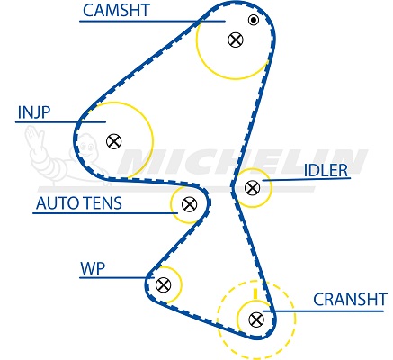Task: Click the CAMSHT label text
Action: pos(116,11)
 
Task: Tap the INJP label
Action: pos(34,112)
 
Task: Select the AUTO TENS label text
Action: pos(79,203)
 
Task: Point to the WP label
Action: pos(93,268)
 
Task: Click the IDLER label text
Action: pos(326,171)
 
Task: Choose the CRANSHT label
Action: pos(350,300)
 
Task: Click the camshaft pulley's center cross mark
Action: pos(236,40)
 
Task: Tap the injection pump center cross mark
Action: pos(114,141)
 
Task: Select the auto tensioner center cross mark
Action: pos(189,204)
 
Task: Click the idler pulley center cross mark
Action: pos(252,188)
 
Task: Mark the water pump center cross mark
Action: pos(164,284)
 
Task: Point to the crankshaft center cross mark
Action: pos(256,319)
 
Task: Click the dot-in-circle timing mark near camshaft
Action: pos(254,20)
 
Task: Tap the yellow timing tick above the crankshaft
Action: pos(255,293)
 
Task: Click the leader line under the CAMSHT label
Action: pos(152,22)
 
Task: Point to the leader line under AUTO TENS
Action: pos(105,213)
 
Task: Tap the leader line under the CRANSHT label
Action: pos(323,311)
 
